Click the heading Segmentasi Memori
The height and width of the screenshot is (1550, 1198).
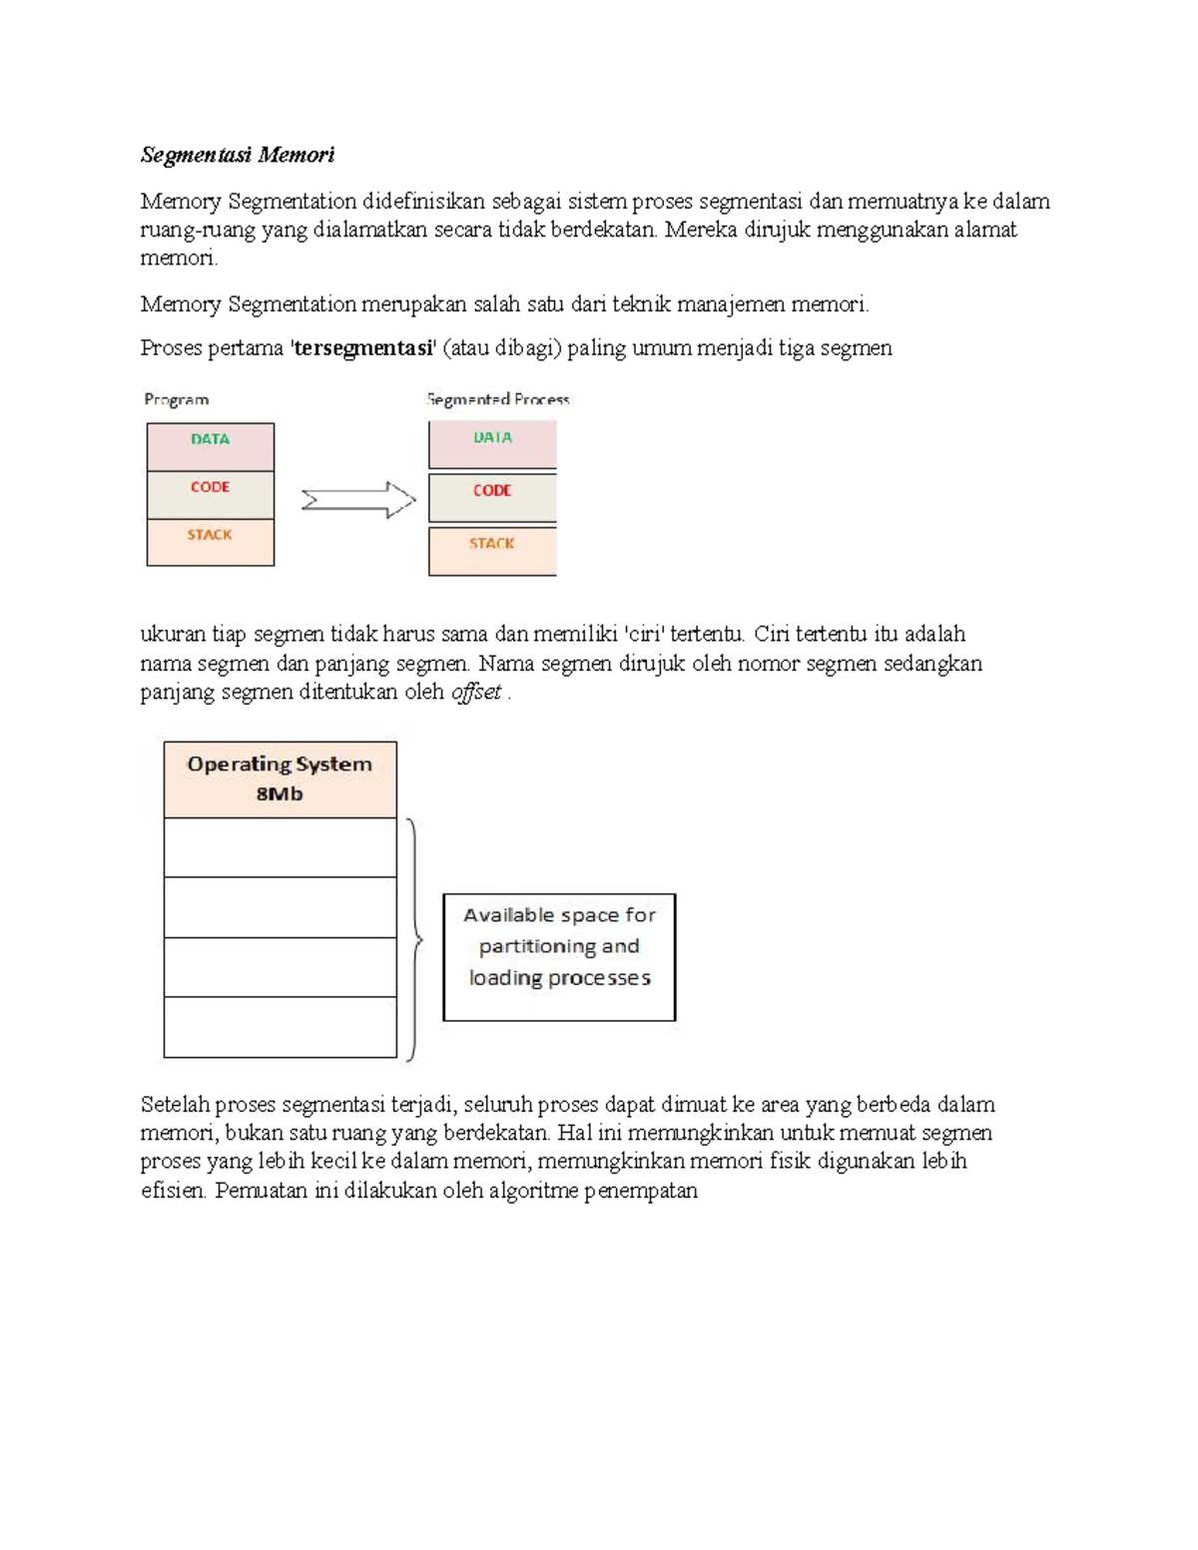coord(237,155)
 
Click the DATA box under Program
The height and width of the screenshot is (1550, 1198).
coord(210,446)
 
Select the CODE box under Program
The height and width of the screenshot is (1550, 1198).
coord(210,494)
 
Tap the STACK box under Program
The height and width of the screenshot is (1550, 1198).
coord(210,542)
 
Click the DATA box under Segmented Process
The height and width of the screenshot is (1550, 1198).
coord(492,444)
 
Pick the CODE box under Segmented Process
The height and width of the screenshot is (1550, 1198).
coord(492,497)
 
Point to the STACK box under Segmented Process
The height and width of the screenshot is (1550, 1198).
coord(492,550)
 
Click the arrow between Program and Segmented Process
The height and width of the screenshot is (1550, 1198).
coord(357,499)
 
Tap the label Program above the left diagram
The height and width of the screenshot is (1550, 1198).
coord(177,399)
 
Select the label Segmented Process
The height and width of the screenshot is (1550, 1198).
coord(498,399)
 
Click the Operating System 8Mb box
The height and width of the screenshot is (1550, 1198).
coord(280,779)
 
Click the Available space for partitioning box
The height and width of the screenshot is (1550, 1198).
coord(559,956)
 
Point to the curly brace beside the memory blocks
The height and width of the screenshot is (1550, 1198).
coord(414,938)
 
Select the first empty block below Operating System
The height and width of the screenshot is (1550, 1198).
coord(280,847)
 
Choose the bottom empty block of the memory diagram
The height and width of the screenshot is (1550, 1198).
coord(280,1027)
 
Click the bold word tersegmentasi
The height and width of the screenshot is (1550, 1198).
coord(363,348)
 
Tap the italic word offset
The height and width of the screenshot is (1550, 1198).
coord(476,692)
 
